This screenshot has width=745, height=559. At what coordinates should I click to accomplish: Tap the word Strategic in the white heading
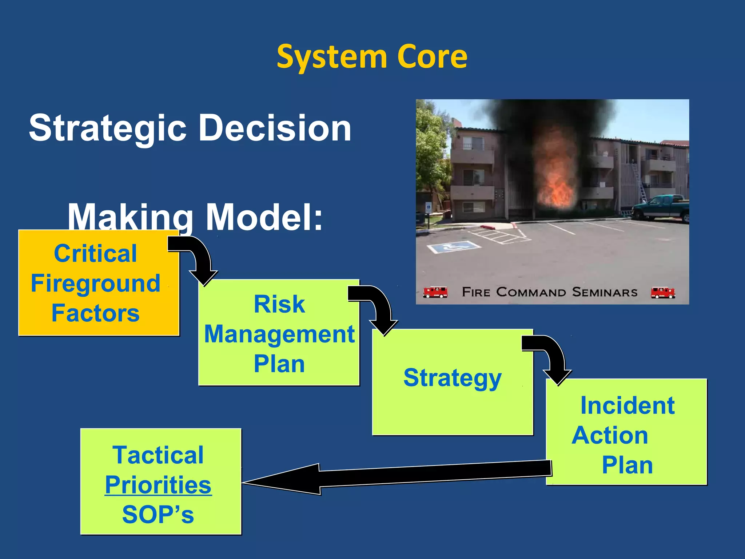point(107,128)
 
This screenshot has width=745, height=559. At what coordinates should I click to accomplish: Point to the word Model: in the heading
point(264,217)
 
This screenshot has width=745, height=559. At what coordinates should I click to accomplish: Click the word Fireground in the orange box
point(95,284)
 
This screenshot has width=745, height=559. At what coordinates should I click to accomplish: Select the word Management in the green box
point(279,334)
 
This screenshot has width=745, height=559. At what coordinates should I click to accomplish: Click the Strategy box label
point(452,378)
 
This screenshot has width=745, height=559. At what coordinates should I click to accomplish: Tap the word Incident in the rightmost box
point(627,405)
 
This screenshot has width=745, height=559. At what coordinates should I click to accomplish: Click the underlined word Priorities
point(158,485)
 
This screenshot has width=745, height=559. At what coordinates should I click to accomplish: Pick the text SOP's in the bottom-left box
point(158,515)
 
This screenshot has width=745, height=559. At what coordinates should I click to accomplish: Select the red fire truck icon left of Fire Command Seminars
point(435,292)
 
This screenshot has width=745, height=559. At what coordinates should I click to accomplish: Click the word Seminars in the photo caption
point(605,292)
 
